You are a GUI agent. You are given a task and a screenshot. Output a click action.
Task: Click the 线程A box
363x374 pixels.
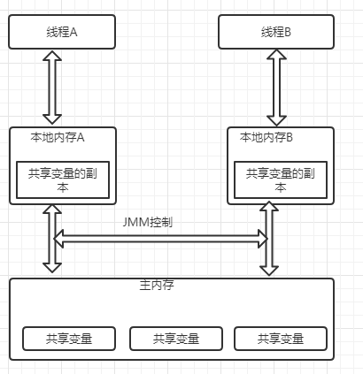(x=61, y=31)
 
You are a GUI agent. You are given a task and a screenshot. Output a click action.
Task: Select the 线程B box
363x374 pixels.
(x=274, y=31)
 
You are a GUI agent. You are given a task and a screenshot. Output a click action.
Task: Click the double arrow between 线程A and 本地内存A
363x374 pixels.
(x=53, y=87)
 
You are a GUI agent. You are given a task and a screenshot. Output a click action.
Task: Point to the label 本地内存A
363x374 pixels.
(x=57, y=138)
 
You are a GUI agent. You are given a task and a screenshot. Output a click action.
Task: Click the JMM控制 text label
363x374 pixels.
(x=148, y=222)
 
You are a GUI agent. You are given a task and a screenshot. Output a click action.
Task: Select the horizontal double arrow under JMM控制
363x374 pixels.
(x=160, y=239)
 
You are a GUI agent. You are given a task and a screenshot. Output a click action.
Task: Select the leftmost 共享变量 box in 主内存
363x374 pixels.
(x=69, y=338)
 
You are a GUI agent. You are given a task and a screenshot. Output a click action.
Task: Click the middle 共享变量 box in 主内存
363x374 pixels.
(x=175, y=338)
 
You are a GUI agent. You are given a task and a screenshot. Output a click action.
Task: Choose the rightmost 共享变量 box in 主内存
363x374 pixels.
(x=280, y=338)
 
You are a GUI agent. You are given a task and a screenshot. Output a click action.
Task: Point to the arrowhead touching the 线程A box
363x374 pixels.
(x=53, y=56)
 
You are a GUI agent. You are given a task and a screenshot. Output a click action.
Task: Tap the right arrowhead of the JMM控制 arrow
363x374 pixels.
(x=261, y=239)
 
